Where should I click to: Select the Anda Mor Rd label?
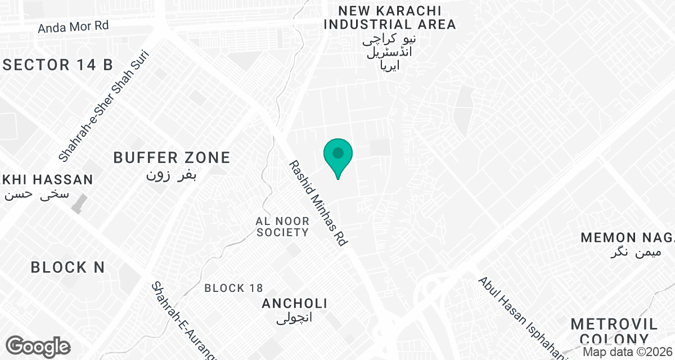[73, 26]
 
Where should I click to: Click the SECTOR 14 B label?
[58, 65]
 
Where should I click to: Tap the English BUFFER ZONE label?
[172, 157]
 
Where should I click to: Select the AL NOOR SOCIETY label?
[282, 226]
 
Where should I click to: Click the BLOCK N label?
[67, 267]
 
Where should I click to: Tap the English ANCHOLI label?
[294, 304]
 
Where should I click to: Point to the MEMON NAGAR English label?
[627, 237]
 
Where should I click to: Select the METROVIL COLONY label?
[614, 331]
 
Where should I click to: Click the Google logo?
[38, 346]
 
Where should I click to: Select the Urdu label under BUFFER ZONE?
[172, 175]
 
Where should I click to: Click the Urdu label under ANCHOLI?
[294, 319]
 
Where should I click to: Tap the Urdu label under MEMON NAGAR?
[633, 253]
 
